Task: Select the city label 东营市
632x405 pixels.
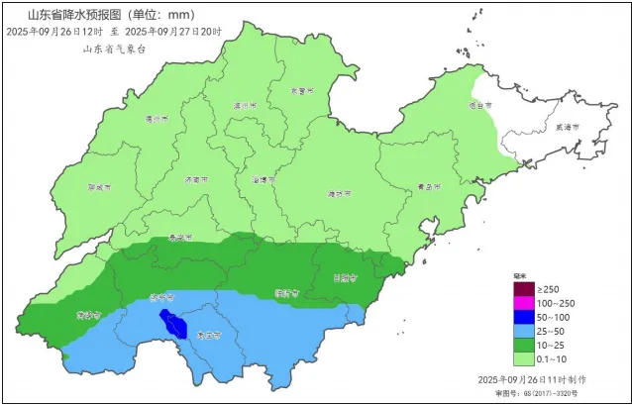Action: point(297,90)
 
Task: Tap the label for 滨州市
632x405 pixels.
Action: point(244,104)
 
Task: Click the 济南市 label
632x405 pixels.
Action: point(196,181)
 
